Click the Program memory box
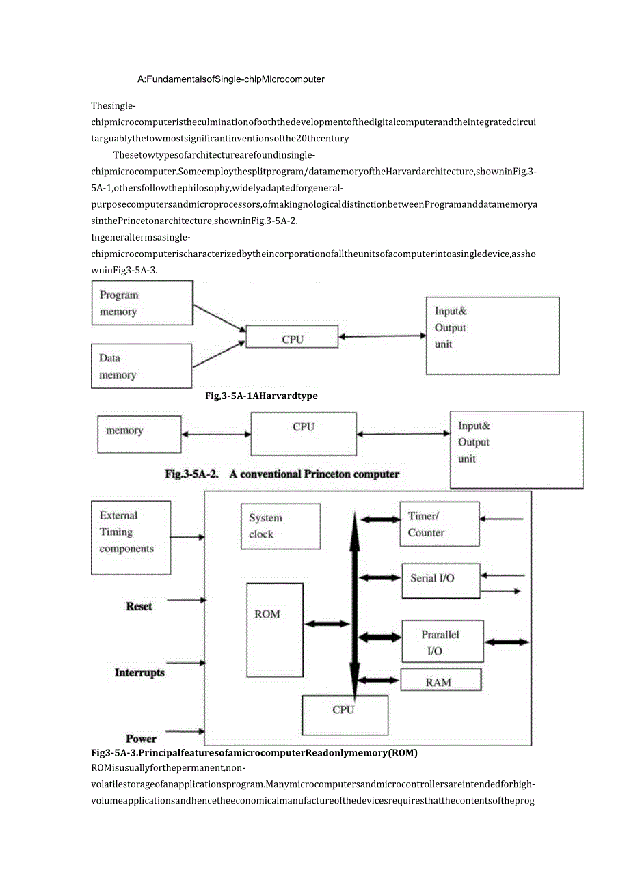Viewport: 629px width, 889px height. tap(142, 303)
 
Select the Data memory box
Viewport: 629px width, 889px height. tap(142, 366)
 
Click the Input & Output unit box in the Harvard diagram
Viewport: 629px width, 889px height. tap(492, 336)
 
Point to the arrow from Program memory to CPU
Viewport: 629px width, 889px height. tap(219, 318)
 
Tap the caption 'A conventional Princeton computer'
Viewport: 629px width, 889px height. tap(314, 474)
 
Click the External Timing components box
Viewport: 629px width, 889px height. tap(131, 537)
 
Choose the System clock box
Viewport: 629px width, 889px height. tap(280, 526)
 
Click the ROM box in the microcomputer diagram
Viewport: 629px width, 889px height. tap(275, 629)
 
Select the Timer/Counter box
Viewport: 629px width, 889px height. tap(440, 524)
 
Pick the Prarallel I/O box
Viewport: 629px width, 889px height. tap(442, 642)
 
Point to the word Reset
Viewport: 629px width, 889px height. tap(139, 606)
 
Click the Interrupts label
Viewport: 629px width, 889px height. tap(139, 672)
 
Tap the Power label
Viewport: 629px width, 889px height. tap(141, 739)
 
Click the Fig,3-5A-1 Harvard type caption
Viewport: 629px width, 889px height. tap(261, 396)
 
